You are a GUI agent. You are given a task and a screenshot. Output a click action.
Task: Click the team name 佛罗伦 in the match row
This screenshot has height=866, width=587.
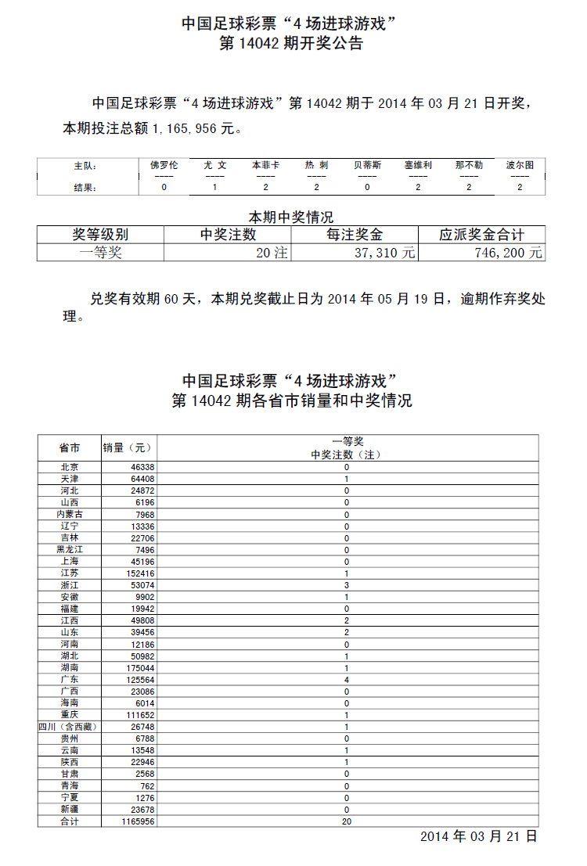pos(164,165)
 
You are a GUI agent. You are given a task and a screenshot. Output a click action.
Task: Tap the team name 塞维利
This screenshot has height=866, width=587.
pos(418,165)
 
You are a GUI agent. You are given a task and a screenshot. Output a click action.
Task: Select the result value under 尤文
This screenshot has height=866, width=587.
pos(214,188)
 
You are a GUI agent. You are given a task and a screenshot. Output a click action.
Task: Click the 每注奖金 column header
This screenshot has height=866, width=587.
pos(355,235)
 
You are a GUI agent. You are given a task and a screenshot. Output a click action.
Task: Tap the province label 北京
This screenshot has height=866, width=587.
pos(69,467)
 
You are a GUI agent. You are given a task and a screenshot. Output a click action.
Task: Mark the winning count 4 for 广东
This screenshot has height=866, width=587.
pos(347,680)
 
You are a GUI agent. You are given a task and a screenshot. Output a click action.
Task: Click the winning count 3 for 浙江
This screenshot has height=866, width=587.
pos(347,585)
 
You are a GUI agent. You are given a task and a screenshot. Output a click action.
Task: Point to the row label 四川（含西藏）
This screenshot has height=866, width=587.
pos(70,727)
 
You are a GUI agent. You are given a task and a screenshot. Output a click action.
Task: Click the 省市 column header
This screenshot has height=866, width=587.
pos(69,448)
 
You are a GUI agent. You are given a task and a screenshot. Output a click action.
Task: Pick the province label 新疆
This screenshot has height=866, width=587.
pos(69,810)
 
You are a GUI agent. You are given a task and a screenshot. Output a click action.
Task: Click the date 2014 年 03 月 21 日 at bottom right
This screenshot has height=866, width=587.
pos(478,836)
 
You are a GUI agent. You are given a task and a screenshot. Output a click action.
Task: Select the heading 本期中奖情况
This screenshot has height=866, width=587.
pos(291,217)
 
